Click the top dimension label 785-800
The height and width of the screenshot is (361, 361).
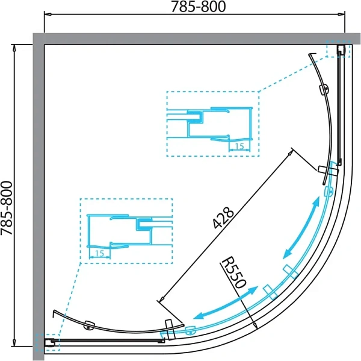199,7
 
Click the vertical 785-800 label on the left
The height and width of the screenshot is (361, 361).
7,208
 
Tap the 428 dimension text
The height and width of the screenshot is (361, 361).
223,218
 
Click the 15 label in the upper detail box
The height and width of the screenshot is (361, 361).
239,146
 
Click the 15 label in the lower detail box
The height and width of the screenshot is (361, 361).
99,253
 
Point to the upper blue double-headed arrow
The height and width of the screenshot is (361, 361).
301,227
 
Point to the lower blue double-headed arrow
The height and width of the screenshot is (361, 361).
226,303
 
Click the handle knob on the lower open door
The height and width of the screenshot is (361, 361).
89,325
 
